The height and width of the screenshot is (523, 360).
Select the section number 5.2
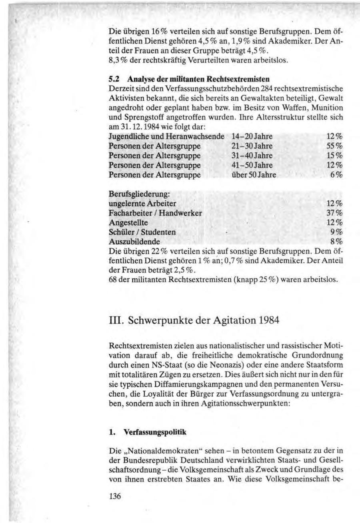pyautogui.click(x=114, y=78)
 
